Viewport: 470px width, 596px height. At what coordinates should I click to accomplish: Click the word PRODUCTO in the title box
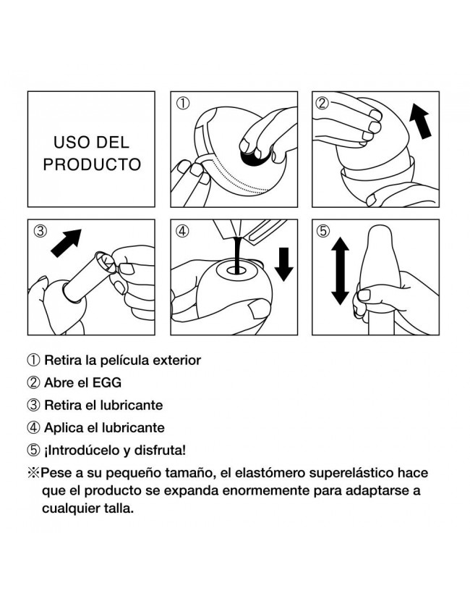tap(92, 164)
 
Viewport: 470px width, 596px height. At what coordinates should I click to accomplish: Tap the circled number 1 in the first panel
tap(183, 104)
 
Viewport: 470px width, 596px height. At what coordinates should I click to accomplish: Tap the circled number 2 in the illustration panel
tap(322, 104)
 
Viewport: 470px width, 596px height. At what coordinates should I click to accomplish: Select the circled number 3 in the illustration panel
tap(40, 231)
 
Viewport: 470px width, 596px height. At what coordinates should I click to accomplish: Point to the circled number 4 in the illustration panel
tap(183, 231)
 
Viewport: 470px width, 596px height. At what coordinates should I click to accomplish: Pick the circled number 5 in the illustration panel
tap(323, 231)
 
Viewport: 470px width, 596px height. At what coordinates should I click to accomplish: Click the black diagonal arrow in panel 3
tap(66, 243)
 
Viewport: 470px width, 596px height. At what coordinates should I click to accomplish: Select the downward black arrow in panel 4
tap(283, 264)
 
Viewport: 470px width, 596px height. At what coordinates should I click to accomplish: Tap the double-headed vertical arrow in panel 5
tap(340, 271)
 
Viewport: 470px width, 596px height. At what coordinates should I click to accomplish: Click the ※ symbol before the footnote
tap(33, 473)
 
